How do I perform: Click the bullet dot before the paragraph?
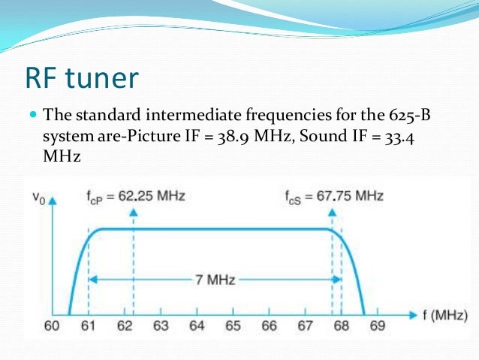point(32,116)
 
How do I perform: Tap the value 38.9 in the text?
point(285,138)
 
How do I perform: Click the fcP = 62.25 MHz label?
point(135,196)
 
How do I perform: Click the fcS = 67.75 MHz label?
point(333,196)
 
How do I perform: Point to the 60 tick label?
point(52,327)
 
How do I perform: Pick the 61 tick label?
point(88,327)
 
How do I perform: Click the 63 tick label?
point(161,327)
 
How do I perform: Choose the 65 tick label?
point(233,327)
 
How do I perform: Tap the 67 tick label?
point(306,327)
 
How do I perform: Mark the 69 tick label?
point(378,327)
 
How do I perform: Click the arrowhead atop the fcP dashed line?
point(133,213)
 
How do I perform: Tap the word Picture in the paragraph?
point(193,138)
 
